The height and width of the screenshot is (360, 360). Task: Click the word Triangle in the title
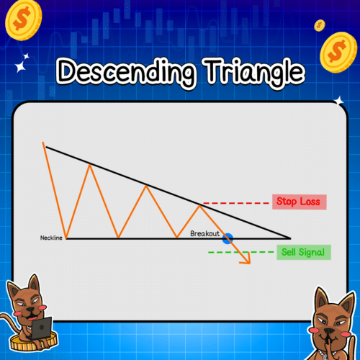point(245,72)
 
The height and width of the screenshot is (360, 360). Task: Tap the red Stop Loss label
point(300,202)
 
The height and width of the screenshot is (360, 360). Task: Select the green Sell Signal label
point(303,252)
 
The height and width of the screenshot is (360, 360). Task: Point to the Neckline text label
point(52,237)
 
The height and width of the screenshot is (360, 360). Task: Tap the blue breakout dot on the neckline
point(228,238)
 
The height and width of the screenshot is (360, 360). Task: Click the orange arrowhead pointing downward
point(246,259)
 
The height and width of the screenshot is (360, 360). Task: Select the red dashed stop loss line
point(234,202)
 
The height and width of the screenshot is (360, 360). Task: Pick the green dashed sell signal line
point(238,252)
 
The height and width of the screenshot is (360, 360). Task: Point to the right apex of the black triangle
point(290,238)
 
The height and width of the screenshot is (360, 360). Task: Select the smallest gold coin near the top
point(319,25)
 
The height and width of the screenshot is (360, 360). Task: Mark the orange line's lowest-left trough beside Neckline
point(66,238)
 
